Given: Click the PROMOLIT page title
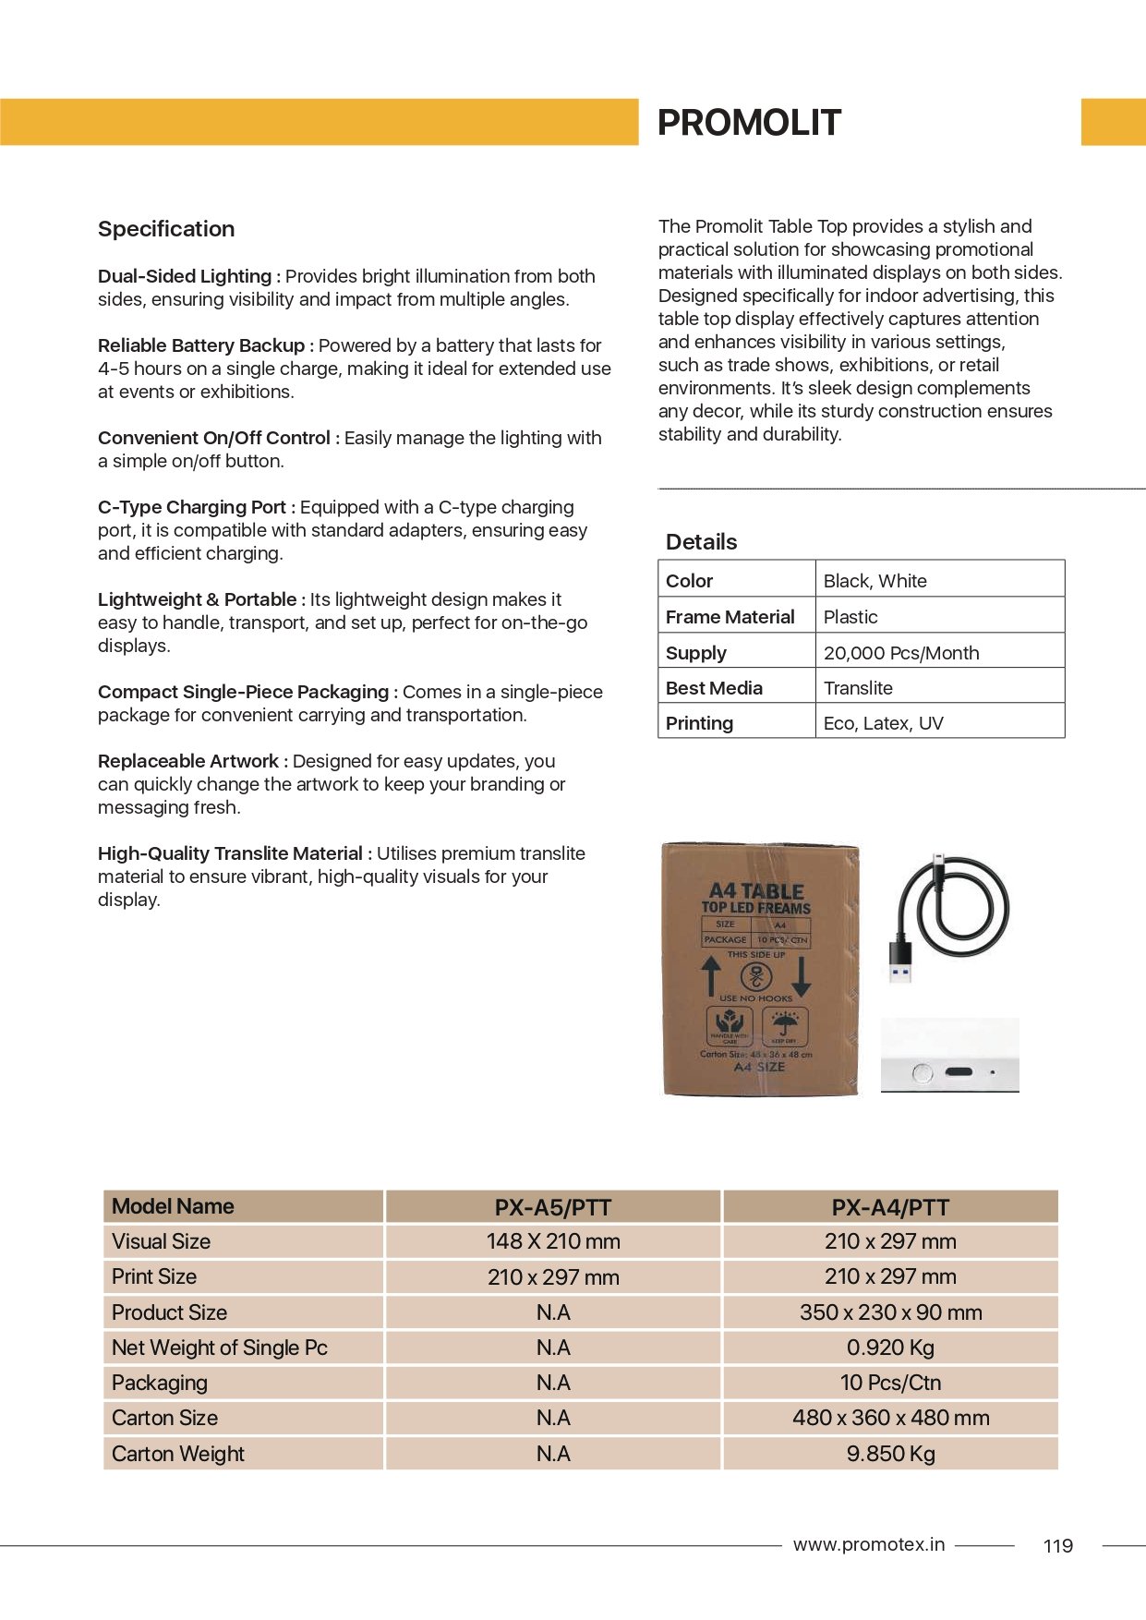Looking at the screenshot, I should click(x=748, y=123).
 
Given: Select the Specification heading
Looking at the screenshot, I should click(x=166, y=229).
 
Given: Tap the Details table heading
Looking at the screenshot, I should click(x=701, y=542).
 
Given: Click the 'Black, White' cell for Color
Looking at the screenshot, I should click(x=875, y=581).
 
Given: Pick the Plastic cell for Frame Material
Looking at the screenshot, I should click(x=850, y=617).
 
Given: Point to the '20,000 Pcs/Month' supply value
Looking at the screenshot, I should click(x=900, y=653).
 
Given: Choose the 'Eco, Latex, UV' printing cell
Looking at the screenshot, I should click(x=883, y=723).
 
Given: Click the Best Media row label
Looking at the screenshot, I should click(x=714, y=688).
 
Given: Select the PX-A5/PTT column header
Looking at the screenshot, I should click(x=552, y=1207).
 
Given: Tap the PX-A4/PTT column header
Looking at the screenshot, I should click(x=890, y=1207).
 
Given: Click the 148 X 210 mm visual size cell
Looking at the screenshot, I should click(x=552, y=1241).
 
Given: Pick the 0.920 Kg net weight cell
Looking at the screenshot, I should click(x=890, y=1348).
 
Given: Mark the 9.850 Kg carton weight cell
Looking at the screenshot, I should click(x=890, y=1454).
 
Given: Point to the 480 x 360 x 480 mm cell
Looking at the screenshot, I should click(x=890, y=1418).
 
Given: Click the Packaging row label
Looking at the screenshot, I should click(x=160, y=1383).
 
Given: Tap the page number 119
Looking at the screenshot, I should click(x=1057, y=1546).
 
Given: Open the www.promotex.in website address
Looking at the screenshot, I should click(x=868, y=1544).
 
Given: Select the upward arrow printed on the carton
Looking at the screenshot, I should click(x=710, y=975).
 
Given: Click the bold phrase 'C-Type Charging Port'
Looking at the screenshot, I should click(x=192, y=507).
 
